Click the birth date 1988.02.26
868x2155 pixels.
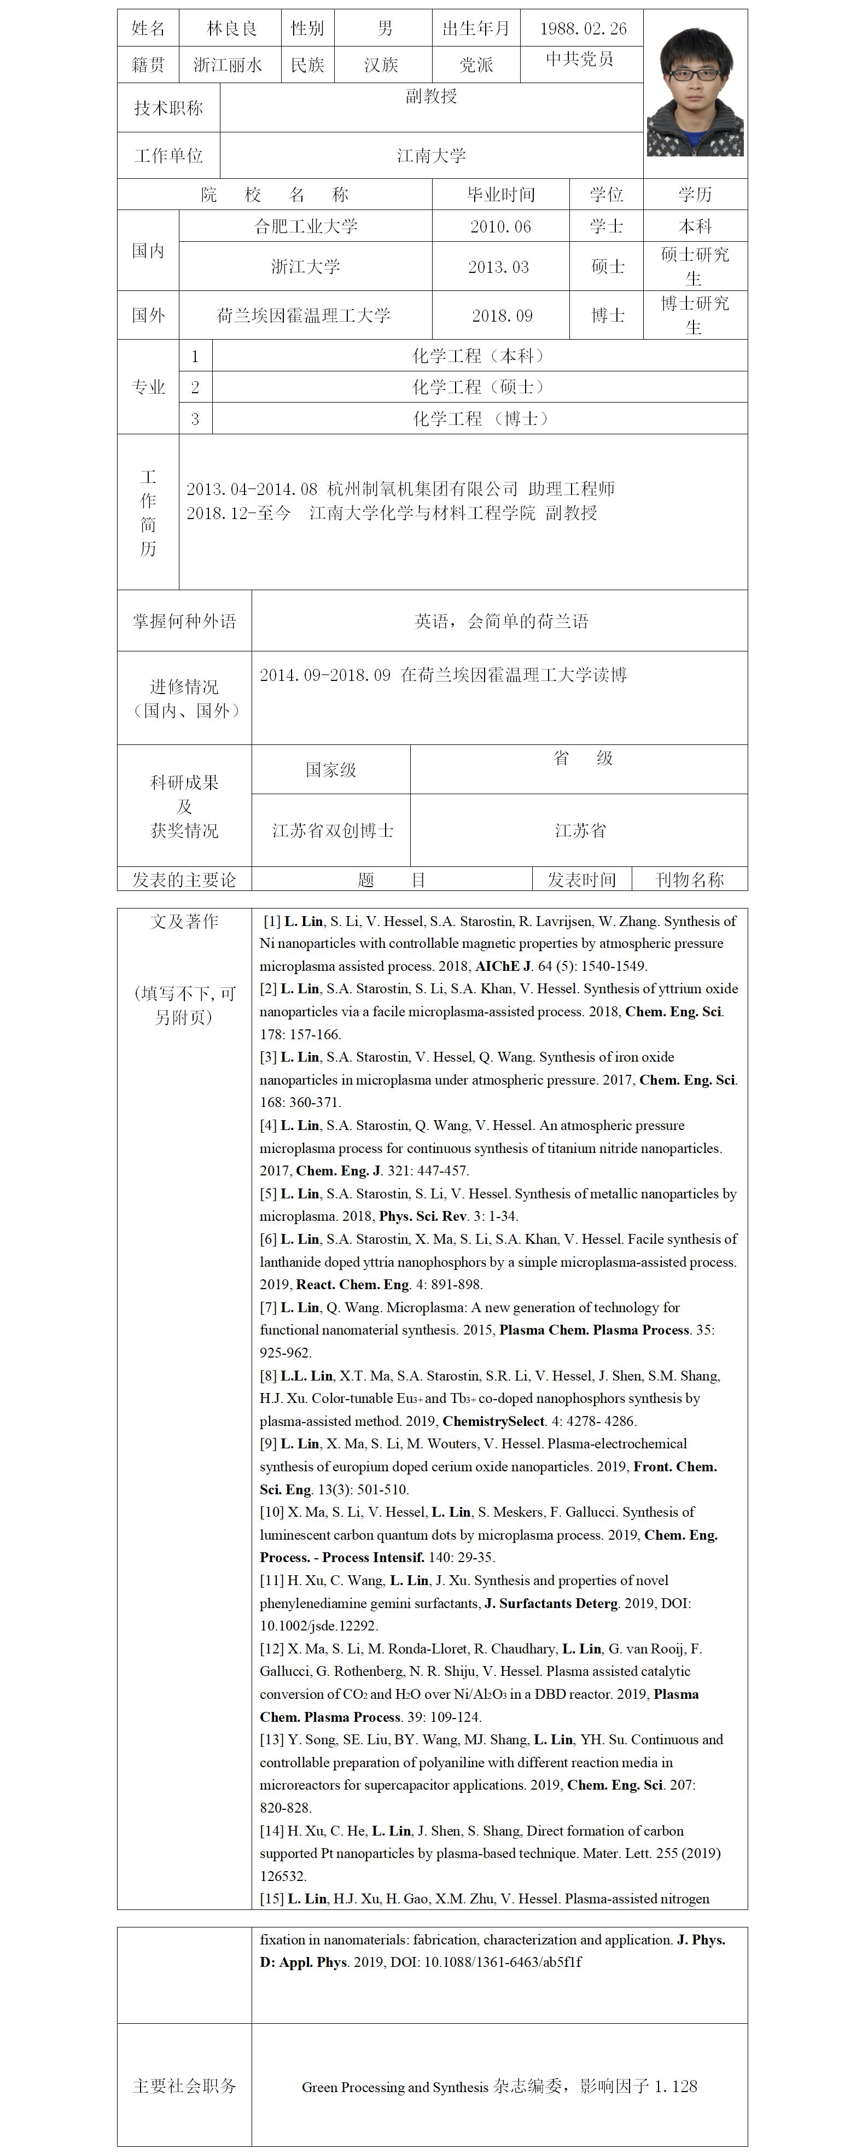[x=583, y=28]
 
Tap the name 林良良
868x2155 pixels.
[x=232, y=28]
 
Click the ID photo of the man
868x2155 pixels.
[x=695, y=92]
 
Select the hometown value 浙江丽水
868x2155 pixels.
[x=228, y=65]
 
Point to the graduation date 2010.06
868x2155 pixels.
[x=500, y=226]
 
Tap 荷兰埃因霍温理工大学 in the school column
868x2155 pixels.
[x=304, y=316]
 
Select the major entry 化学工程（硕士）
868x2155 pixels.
[x=479, y=387]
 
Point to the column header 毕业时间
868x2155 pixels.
[x=500, y=195]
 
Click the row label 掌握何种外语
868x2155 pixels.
[x=184, y=621]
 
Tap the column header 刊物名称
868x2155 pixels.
[x=689, y=880]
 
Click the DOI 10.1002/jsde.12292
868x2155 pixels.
[x=319, y=1626]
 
